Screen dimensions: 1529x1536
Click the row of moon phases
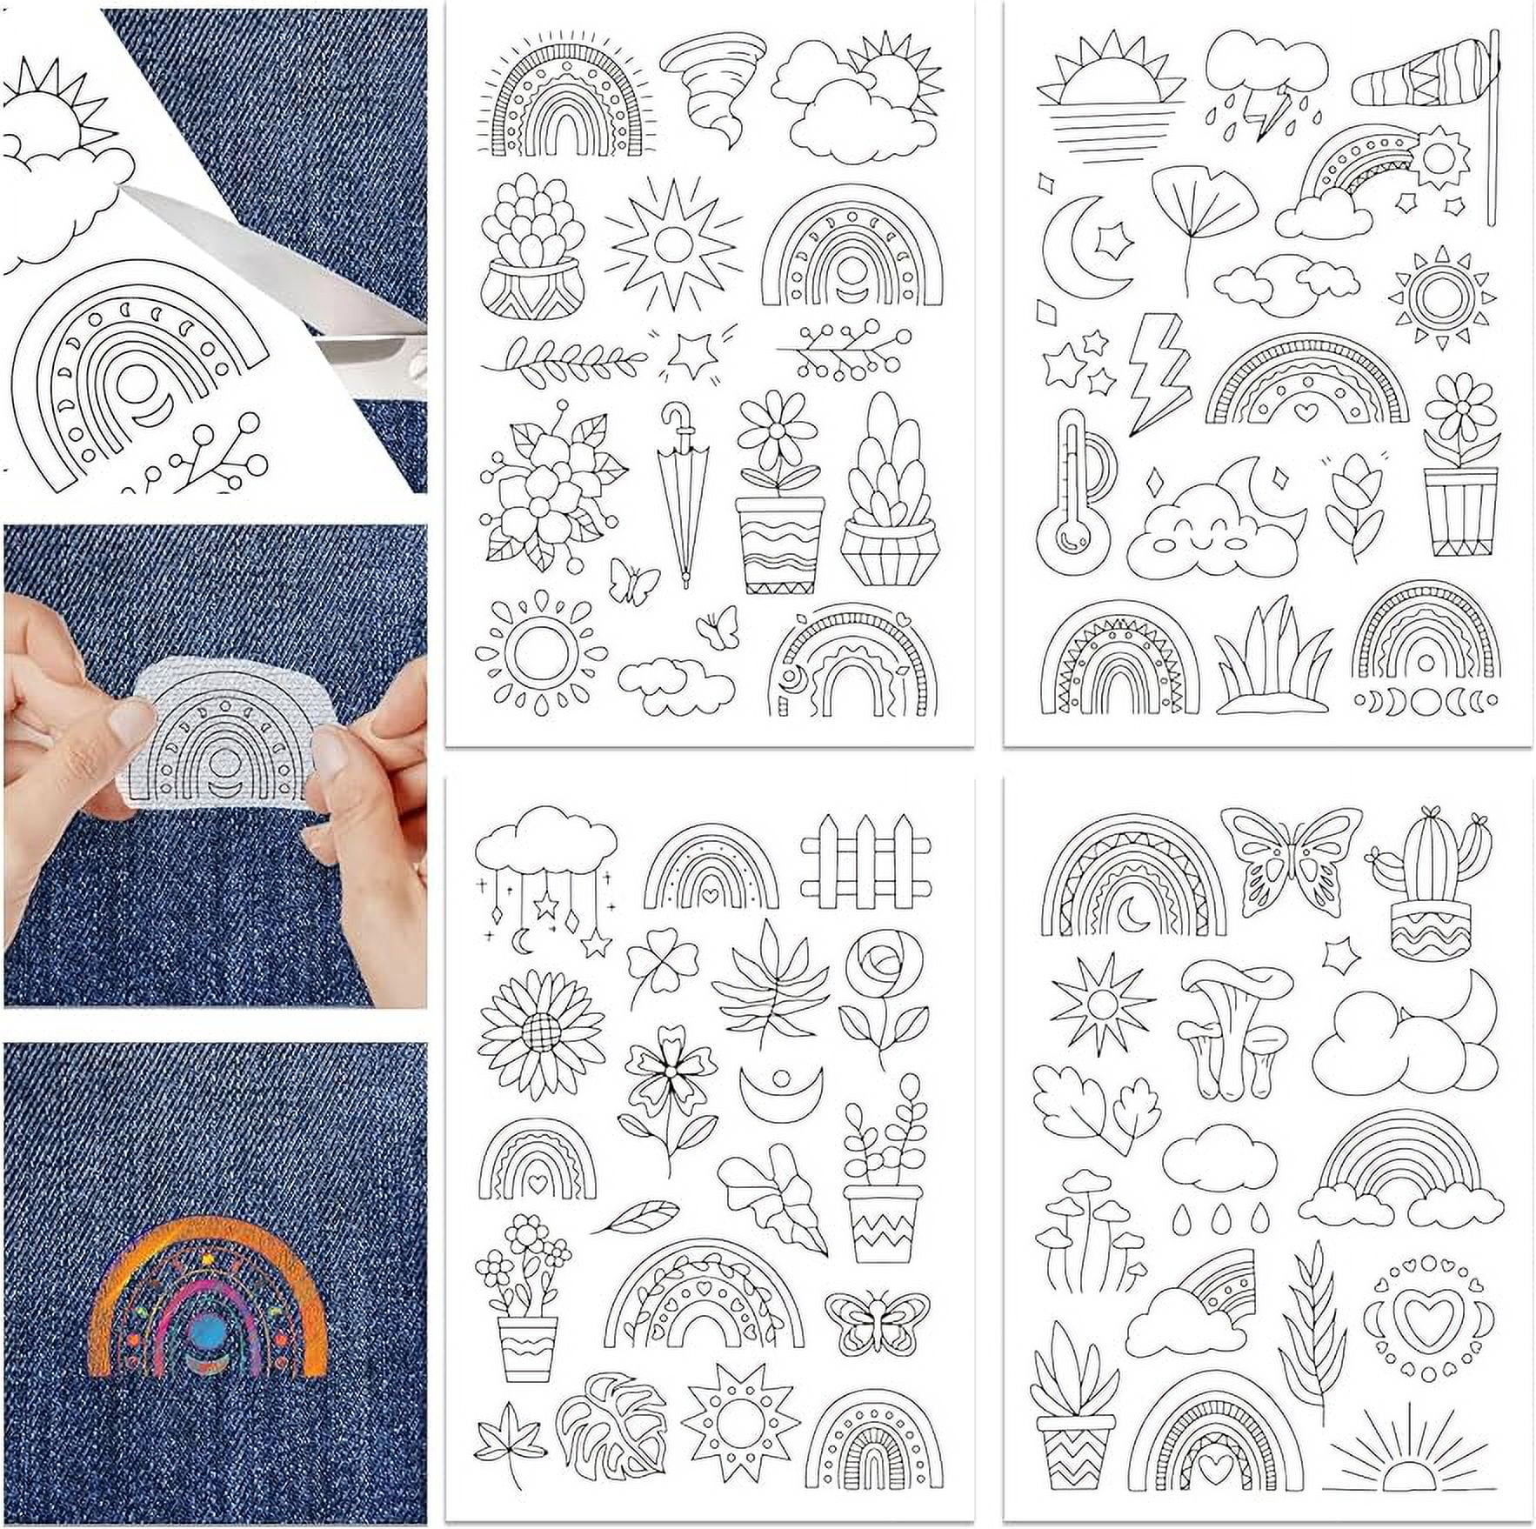tap(1427, 700)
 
